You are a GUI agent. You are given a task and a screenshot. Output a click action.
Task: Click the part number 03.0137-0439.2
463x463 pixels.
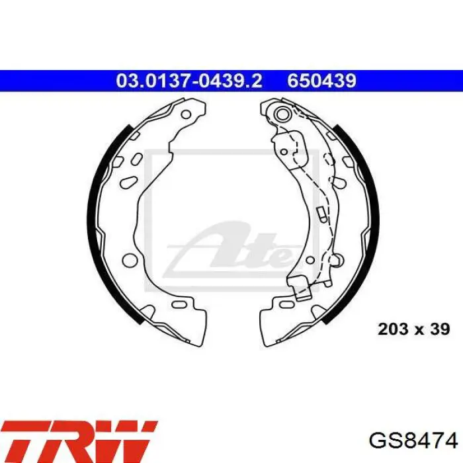[x=189, y=81]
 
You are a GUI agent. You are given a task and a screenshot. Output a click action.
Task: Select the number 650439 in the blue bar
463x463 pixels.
[x=322, y=81]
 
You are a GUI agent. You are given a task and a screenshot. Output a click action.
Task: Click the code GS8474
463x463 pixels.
[x=413, y=441]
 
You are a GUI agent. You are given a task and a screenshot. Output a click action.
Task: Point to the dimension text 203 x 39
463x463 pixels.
[x=414, y=329]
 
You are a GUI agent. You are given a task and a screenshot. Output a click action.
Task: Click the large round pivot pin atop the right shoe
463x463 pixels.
[x=282, y=114]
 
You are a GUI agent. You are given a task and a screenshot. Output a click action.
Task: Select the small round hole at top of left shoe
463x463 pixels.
[x=186, y=114]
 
